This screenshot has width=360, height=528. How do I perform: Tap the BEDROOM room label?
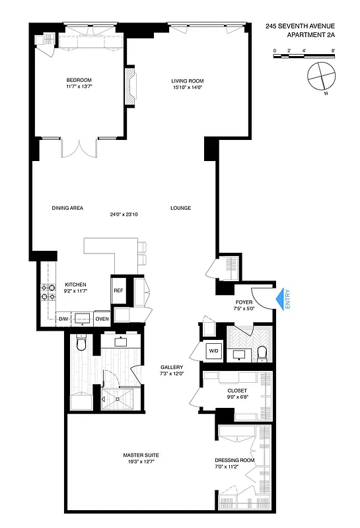coord(78,80)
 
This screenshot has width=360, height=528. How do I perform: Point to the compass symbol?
coord(320,76)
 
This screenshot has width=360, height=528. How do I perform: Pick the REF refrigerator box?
coord(118,290)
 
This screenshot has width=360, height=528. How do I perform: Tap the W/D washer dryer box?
coord(213,350)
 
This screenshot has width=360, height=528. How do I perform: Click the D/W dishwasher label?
coord(63,319)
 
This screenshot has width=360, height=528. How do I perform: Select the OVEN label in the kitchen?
coord(101,319)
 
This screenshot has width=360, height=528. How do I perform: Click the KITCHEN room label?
coord(75,285)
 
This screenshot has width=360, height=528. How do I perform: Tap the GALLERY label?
coord(171,368)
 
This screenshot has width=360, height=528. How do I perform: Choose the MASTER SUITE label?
coord(141,455)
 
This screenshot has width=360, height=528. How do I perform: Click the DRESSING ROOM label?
coord(234,460)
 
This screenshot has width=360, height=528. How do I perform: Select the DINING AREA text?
coord(67,208)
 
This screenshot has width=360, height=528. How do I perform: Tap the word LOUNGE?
coord(180,208)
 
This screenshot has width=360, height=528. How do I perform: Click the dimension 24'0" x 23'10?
coord(124,214)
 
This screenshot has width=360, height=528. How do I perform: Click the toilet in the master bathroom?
coord(81,344)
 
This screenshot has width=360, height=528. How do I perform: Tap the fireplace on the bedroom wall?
coord(130,86)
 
